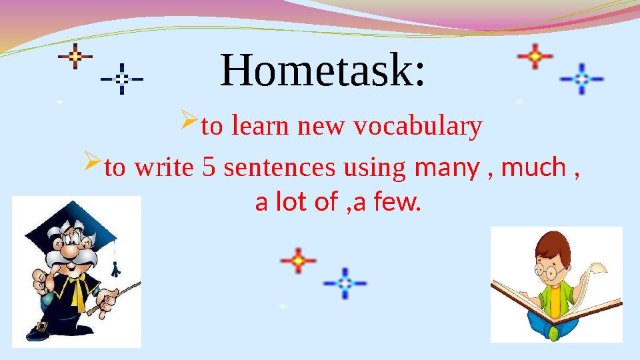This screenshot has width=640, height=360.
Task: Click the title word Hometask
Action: point(322,71)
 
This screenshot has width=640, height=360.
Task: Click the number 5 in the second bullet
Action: point(208,167)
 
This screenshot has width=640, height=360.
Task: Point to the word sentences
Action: point(280,167)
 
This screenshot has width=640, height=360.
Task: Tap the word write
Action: point(164,167)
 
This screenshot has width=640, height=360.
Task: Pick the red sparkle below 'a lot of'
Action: point(298,260)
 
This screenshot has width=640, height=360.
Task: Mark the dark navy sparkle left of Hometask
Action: point(122,78)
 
